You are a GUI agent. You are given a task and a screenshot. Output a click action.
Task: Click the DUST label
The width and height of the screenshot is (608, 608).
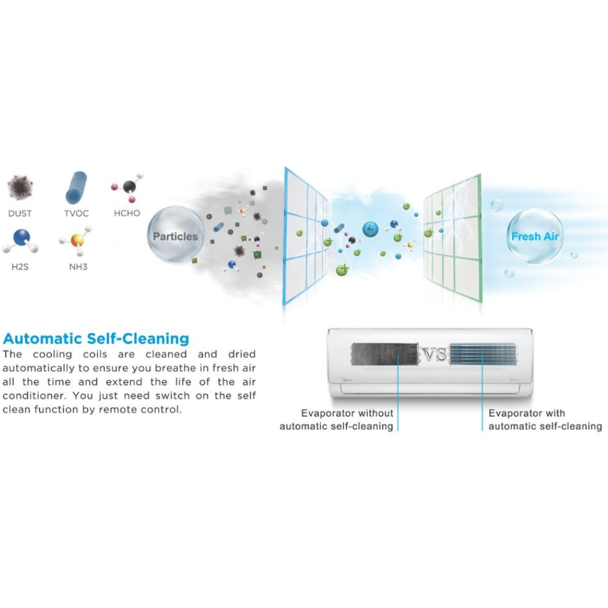tap(20, 213)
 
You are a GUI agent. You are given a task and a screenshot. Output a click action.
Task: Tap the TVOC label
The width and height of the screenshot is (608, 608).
tap(76, 213)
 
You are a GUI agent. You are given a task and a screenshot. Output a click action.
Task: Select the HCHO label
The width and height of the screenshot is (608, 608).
tap(127, 213)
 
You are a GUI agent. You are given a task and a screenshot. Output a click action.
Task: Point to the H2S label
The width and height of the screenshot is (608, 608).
tap(20, 266)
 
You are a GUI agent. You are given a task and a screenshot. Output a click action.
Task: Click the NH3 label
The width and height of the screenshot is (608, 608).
tap(78, 266)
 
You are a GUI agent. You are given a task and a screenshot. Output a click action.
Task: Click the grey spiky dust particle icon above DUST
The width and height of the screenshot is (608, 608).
tap(20, 187)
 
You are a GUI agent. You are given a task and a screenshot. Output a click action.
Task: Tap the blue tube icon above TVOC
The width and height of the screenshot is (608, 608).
tap(76, 187)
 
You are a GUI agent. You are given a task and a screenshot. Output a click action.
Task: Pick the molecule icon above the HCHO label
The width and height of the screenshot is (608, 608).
tap(128, 187)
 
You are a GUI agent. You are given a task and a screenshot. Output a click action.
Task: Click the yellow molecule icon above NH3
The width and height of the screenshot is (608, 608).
tap(77, 240)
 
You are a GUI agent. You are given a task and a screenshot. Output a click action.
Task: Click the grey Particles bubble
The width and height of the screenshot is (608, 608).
tap(175, 236)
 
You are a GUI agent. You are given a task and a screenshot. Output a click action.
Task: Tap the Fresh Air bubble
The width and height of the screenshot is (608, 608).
tap(534, 236)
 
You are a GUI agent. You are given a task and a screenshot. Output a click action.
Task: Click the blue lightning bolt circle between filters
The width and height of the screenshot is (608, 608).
tap(370, 229)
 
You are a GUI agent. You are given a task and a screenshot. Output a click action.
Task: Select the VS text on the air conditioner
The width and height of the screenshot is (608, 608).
tap(434, 355)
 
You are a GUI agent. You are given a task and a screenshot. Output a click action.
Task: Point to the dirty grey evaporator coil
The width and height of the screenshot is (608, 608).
tap(384, 354)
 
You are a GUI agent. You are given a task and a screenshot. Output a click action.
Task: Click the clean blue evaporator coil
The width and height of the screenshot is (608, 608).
tap(483, 354)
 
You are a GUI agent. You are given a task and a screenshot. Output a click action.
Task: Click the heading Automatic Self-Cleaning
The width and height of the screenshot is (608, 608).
tap(96, 338)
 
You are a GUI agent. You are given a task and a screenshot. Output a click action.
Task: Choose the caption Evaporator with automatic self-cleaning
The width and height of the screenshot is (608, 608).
tap(545, 420)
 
